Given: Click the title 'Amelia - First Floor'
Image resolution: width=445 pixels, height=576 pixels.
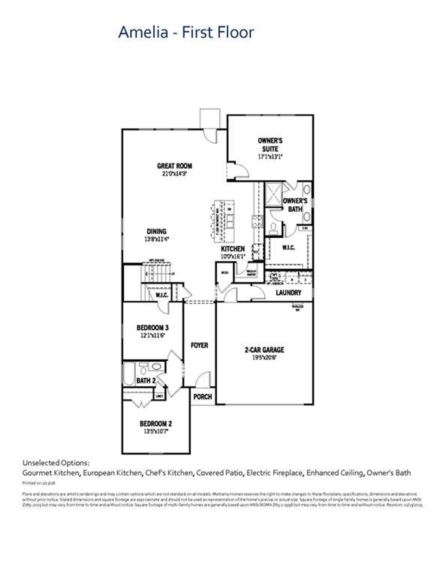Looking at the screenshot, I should [186, 32].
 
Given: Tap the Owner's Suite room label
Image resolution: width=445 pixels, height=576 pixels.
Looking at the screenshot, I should [270, 145].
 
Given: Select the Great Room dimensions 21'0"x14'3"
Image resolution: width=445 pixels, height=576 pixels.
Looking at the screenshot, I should [175, 174].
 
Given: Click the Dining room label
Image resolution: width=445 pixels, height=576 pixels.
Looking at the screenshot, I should [156, 231].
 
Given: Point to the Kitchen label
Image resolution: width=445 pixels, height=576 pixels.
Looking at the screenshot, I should [233, 249].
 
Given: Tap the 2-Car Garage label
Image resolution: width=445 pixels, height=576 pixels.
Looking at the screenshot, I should [264, 350].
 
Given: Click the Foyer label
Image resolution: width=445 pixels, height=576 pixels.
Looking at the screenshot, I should [200, 345].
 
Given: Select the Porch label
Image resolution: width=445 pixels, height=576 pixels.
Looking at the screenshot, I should [202, 397].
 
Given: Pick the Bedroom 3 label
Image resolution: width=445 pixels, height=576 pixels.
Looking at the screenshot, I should [153, 328].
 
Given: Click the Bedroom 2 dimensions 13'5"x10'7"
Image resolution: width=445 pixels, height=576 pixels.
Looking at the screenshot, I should [155, 431].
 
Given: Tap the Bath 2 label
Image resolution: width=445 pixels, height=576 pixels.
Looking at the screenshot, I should [146, 381].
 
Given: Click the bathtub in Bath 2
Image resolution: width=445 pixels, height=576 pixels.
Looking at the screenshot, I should [129, 374].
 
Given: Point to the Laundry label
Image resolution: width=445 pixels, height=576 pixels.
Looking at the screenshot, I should [288, 293].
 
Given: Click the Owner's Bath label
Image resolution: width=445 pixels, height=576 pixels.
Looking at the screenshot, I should [295, 205].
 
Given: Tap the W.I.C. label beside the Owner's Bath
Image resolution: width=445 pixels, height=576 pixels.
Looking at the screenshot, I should [288, 248].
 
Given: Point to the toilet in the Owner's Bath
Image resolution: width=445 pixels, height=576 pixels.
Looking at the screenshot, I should [273, 228].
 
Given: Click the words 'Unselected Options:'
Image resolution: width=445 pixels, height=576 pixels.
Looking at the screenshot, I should [56, 463].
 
